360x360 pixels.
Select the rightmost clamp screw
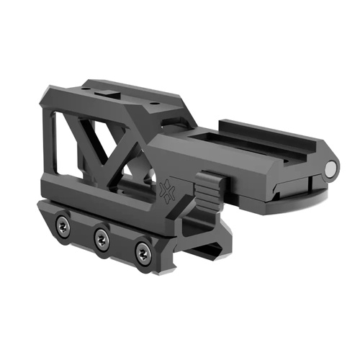tap(143, 253)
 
